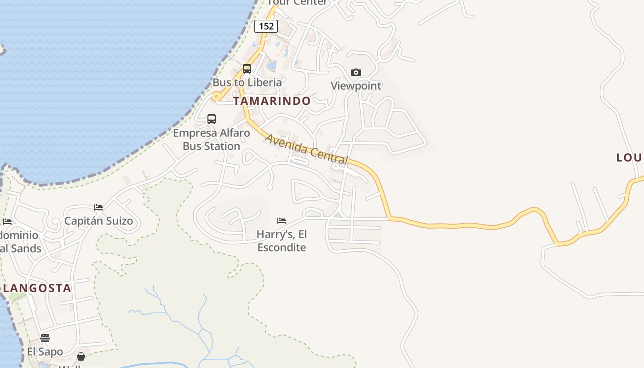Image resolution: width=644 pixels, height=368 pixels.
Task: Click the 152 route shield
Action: coord(266,26)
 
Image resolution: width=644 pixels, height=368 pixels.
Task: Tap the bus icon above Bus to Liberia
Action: coord(247,69)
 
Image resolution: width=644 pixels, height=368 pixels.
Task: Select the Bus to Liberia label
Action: coord(247,82)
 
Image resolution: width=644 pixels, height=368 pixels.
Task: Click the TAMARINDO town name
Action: coord(272,101)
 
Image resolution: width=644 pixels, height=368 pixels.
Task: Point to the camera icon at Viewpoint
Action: coord(356,72)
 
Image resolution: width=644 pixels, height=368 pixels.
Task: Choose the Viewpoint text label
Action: coord(356,86)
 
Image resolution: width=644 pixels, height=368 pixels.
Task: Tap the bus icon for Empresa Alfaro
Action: coord(212,119)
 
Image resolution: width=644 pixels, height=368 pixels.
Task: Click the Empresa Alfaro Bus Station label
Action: coord(212,139)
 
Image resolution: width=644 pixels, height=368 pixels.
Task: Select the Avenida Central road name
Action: coord(306,149)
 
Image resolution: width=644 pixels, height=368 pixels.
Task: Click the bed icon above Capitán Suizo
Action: coord(98,207)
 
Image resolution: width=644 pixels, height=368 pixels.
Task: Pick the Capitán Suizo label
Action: coord(98,221)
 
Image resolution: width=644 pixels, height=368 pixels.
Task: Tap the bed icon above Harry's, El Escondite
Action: coord(282,221)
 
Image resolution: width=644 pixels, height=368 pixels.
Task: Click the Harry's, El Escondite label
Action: coord(282,241)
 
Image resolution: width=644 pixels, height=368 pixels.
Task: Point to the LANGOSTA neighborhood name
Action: coord(37,288)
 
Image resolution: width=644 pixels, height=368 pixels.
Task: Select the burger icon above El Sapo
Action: coord(45,338)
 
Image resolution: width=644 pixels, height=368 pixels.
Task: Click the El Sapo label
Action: coord(45,352)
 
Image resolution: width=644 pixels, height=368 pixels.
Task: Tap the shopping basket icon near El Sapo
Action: coord(81,356)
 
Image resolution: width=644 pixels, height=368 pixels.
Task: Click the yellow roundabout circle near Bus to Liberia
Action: coord(216,96)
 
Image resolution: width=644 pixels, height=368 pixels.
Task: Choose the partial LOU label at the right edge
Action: coord(629,158)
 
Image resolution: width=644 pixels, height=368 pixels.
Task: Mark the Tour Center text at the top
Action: coord(297,3)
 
